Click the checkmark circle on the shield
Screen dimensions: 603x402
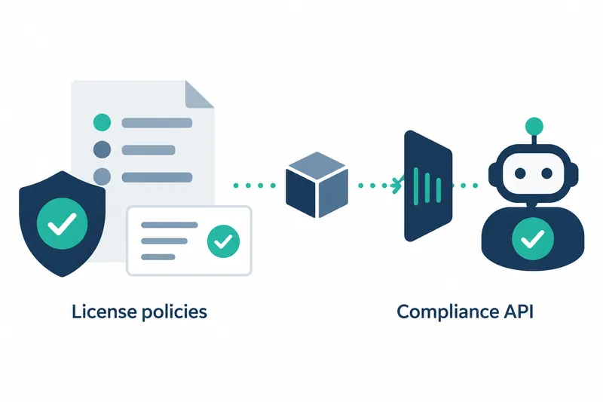[x=62, y=223]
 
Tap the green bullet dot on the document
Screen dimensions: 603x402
[x=103, y=123]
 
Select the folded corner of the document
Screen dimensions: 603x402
[x=200, y=94]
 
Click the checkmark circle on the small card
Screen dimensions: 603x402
[x=223, y=241]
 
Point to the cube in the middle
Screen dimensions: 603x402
[x=317, y=185]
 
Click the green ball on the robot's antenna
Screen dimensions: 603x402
[x=534, y=126]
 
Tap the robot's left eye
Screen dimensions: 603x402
[x=520, y=173]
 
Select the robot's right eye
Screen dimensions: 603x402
[x=547, y=173]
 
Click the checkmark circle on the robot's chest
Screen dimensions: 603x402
[x=533, y=238]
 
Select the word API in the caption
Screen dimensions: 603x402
[x=519, y=311]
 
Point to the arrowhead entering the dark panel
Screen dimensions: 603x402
[x=396, y=185]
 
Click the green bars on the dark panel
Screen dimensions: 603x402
[x=427, y=186]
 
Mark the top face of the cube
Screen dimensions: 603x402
[x=317, y=166]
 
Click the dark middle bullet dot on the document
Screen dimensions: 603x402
[x=103, y=149]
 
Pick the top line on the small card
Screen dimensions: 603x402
[x=169, y=225]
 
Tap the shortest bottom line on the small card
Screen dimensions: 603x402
[x=158, y=257]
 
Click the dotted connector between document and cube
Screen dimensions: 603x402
[x=255, y=186]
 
